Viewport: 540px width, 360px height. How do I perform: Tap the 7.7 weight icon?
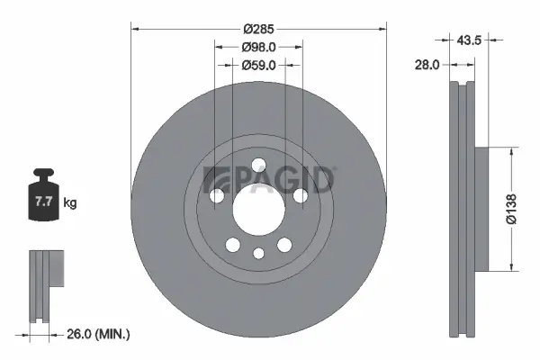[41, 195]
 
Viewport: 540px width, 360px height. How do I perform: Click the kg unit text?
[70, 203]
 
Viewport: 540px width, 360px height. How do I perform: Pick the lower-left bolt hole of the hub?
[233, 244]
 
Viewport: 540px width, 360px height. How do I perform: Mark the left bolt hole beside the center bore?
[217, 194]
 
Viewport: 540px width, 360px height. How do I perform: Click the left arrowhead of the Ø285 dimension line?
[136, 28]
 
